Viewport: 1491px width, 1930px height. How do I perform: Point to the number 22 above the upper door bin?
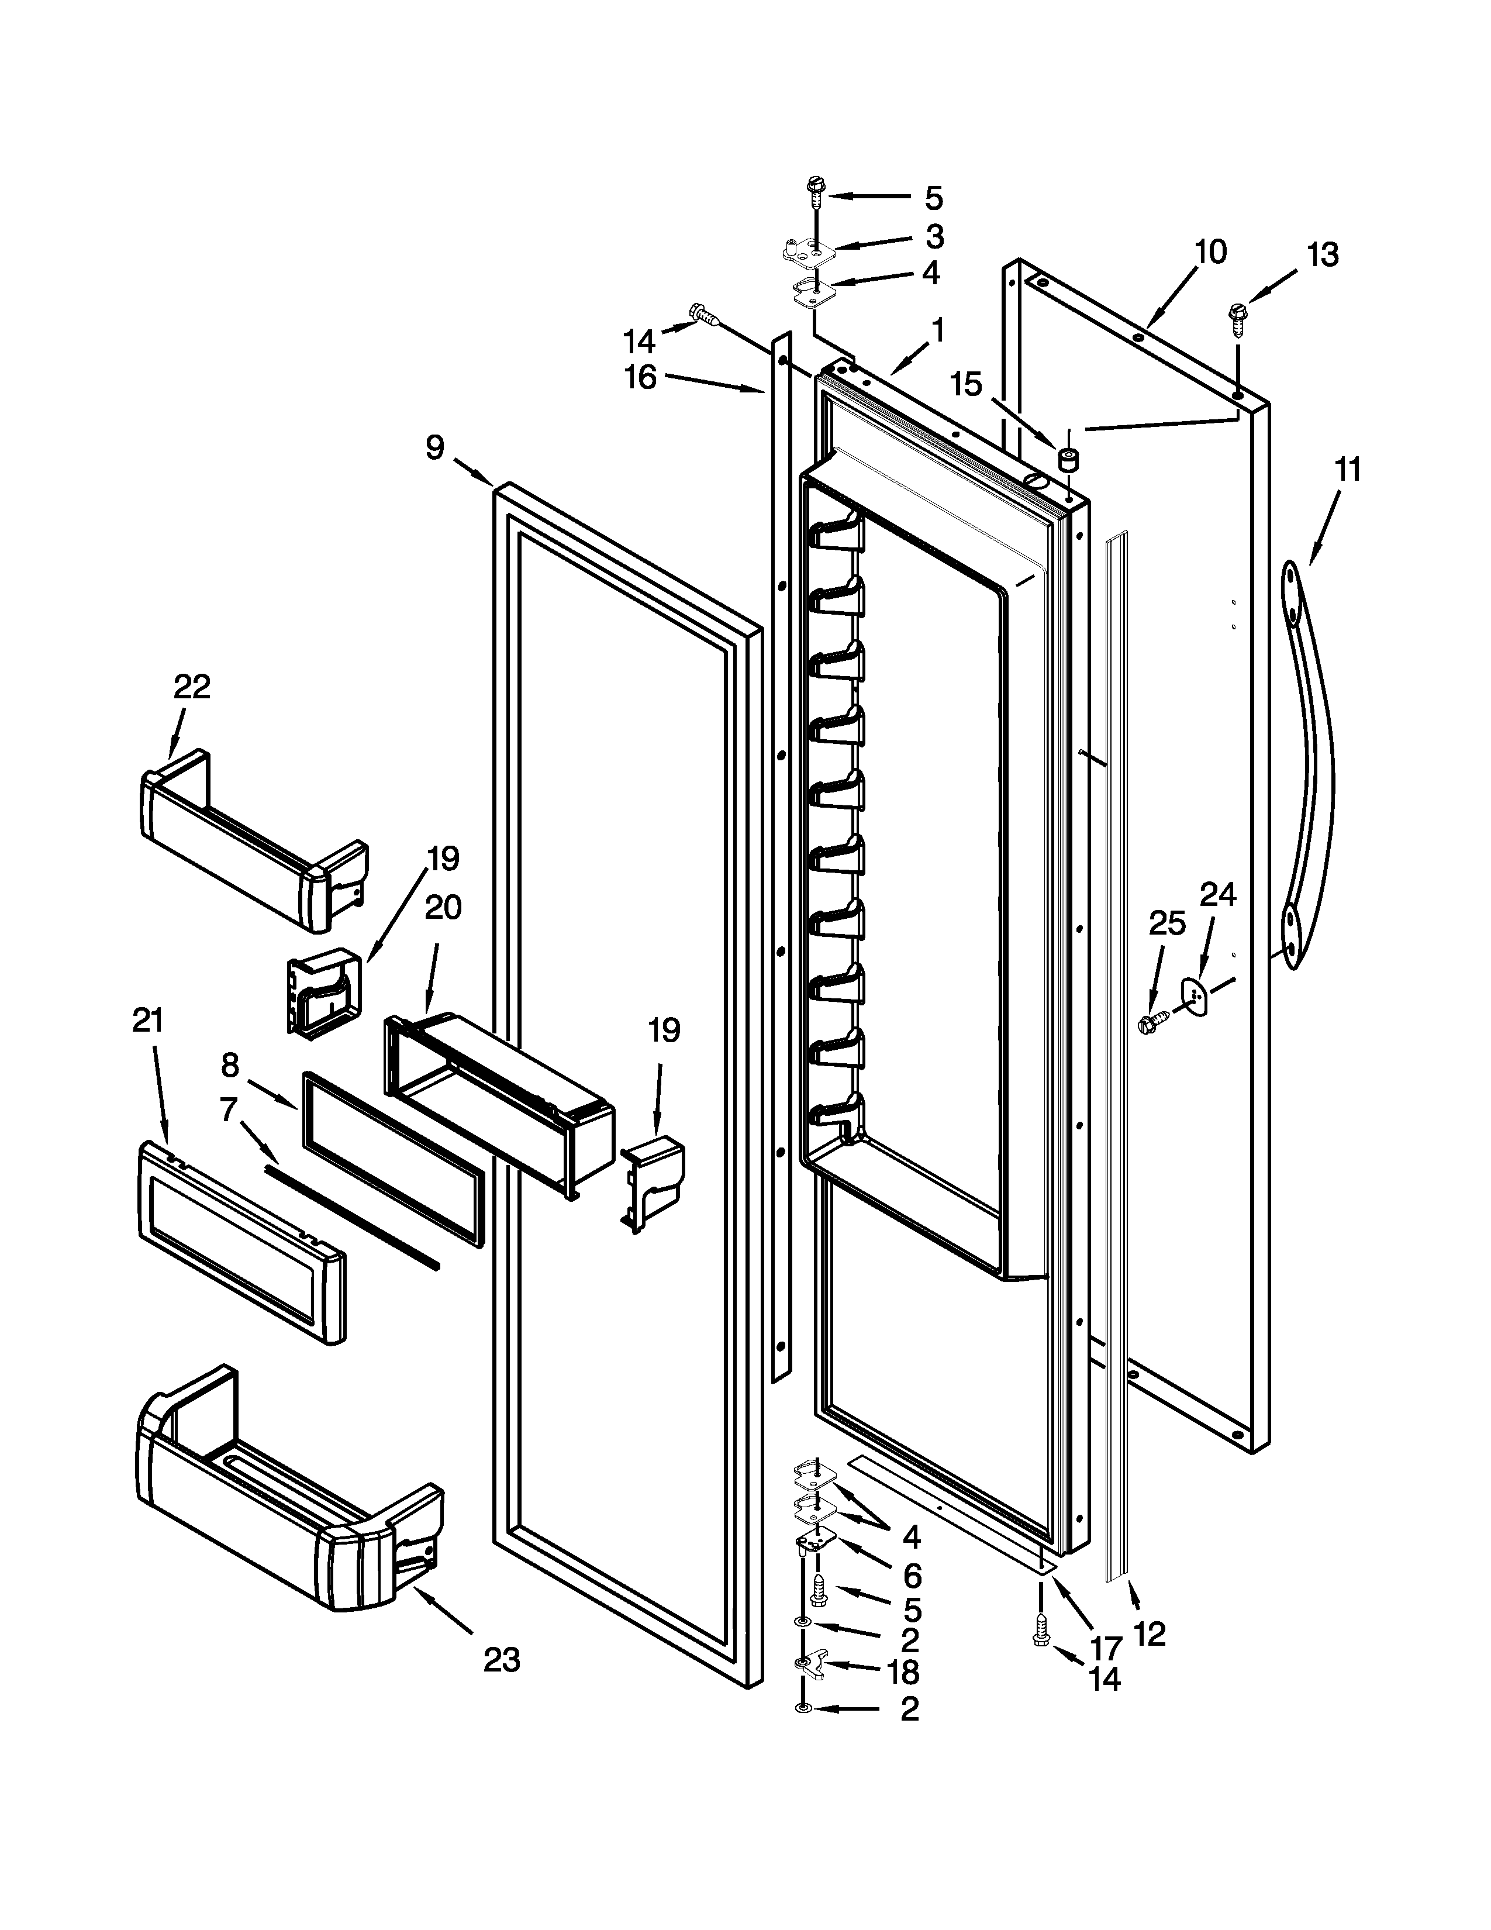click(x=192, y=687)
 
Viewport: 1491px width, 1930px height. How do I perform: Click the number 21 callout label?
click(x=147, y=1021)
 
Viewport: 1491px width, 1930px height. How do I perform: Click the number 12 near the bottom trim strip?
click(x=1148, y=1633)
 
